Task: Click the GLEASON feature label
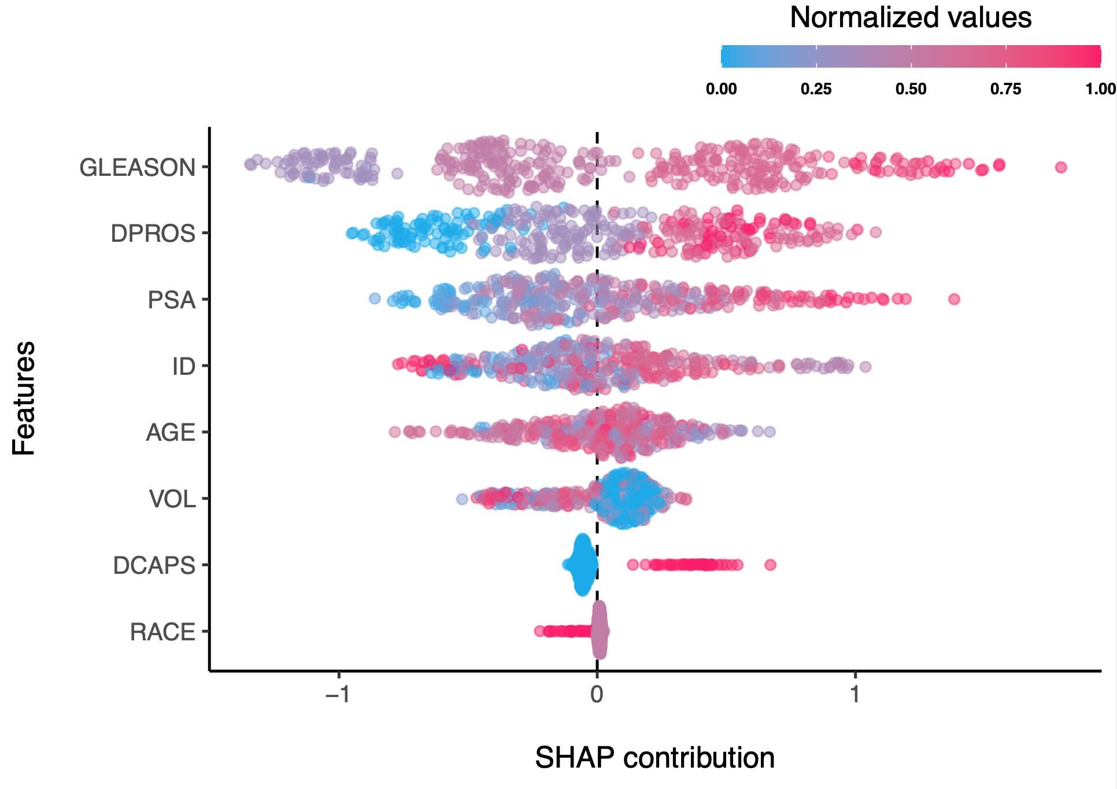tap(137, 168)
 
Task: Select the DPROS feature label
tap(153, 234)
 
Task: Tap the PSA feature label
tap(171, 300)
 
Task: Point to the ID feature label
tap(183, 367)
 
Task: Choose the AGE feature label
tap(170, 433)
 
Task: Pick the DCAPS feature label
tap(154, 566)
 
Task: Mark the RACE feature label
tap(162, 632)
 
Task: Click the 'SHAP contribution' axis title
tap(654, 758)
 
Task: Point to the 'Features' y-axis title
tap(24, 398)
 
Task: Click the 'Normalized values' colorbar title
tap(911, 17)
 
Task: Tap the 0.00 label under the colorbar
tap(721, 89)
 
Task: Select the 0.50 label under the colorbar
tap(911, 89)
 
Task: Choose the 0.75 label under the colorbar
tap(1005, 89)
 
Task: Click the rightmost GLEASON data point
tap(1060, 167)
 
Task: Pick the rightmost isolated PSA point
tap(954, 299)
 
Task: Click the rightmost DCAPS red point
tap(770, 565)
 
